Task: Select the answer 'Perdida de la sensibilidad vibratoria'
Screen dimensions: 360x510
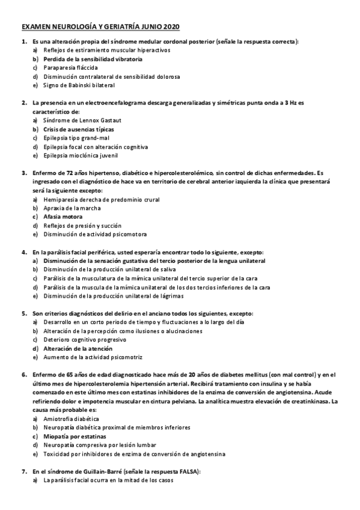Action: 93,60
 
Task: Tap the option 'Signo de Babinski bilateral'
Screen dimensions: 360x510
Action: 82,85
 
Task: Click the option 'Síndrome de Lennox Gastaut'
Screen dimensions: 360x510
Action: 82,121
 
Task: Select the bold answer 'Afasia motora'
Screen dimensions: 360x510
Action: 63,217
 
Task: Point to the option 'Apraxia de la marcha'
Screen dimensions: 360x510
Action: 72,207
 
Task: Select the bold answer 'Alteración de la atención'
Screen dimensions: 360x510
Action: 79,348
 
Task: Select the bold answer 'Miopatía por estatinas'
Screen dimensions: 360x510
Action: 75,435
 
